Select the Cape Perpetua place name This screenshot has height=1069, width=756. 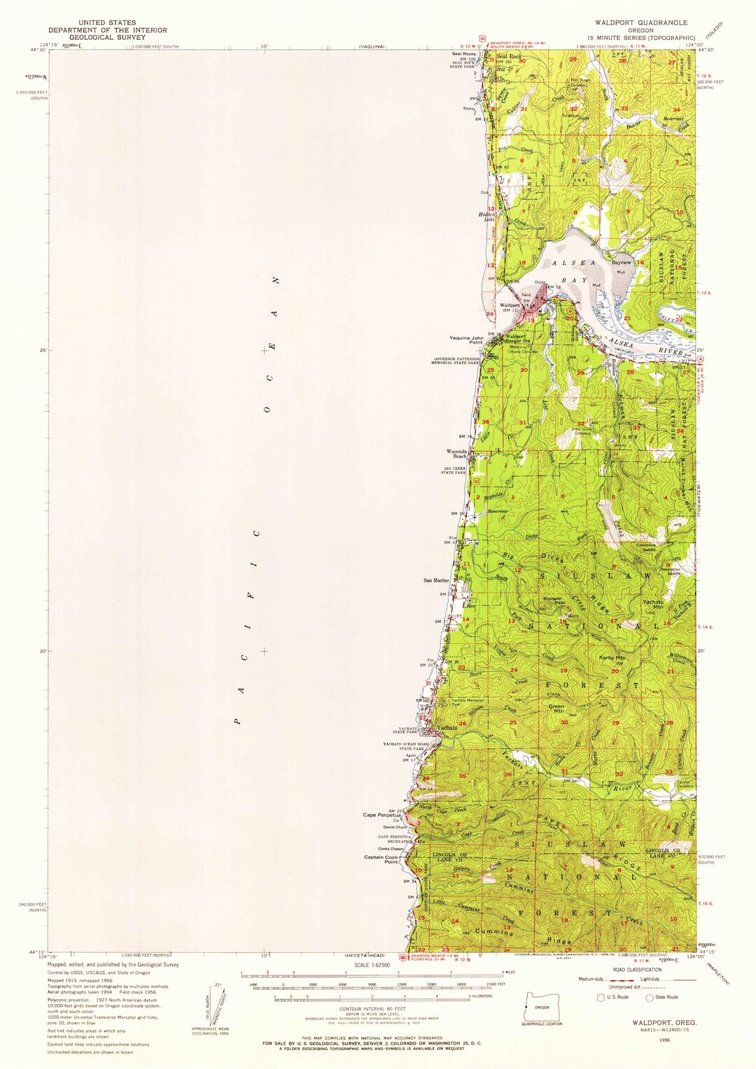[x=381, y=815]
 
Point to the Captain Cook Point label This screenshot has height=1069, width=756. [x=381, y=859]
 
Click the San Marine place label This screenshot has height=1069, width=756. [x=436, y=580]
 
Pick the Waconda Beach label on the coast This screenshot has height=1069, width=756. [x=456, y=454]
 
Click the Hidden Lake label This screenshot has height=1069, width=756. [x=486, y=216]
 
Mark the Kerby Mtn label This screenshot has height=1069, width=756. [x=612, y=658]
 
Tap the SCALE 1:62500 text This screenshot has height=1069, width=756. [x=371, y=965]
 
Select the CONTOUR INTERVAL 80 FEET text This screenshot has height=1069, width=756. [x=371, y=1008]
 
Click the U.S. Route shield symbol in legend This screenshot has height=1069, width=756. [x=600, y=997]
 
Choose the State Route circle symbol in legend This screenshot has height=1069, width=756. [x=649, y=997]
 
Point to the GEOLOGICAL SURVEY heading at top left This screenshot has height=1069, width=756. [x=107, y=38]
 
